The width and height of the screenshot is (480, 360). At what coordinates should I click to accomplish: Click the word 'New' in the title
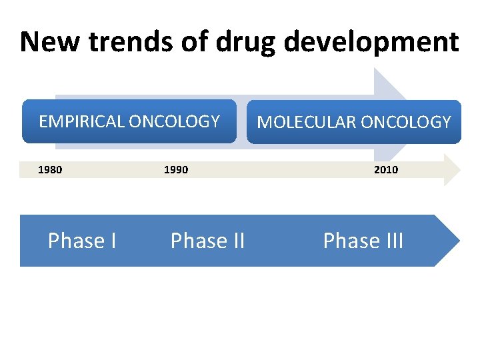(43, 41)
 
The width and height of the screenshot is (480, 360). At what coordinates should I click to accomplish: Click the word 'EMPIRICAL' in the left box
(81, 121)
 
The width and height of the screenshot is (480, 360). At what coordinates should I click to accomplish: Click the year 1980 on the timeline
(50, 170)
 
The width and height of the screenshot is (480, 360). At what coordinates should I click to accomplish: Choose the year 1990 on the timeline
(176, 170)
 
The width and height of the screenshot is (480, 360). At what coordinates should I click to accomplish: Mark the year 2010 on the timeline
(385, 170)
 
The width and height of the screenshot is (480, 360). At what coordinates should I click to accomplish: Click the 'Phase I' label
(82, 241)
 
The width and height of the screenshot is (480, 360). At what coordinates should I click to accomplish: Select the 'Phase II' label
(207, 241)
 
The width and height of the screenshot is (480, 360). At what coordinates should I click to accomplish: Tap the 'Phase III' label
(363, 241)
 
